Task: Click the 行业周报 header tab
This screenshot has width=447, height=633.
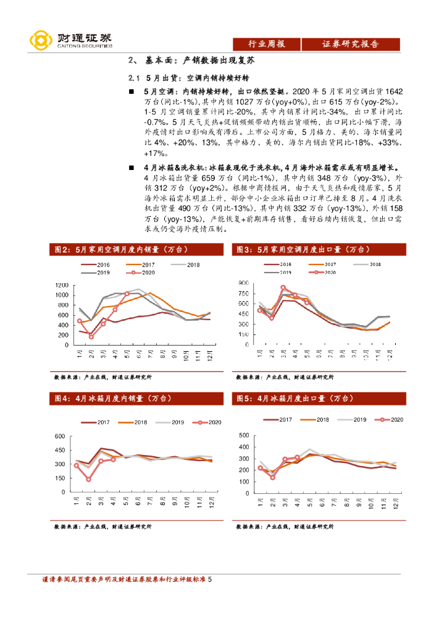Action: pyautogui.click(x=266, y=44)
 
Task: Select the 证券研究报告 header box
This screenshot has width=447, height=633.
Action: pyautogui.click(x=350, y=44)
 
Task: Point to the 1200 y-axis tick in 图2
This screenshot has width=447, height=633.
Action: pyautogui.click(x=61, y=285)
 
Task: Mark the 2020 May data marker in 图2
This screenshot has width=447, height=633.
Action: pyautogui.click(x=127, y=294)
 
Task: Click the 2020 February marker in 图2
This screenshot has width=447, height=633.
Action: pyautogui.click(x=91, y=336)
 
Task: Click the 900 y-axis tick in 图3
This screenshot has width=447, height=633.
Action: pyautogui.click(x=243, y=283)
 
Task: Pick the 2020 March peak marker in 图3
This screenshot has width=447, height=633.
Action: pyautogui.click(x=283, y=287)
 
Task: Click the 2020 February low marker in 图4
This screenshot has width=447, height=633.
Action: pyautogui.click(x=88, y=479)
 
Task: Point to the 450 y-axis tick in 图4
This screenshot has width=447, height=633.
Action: pyautogui.click(x=61, y=450)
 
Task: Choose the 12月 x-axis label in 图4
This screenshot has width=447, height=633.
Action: pyautogui.click(x=210, y=504)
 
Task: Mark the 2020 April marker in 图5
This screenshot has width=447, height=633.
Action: pyautogui.click(x=297, y=457)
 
